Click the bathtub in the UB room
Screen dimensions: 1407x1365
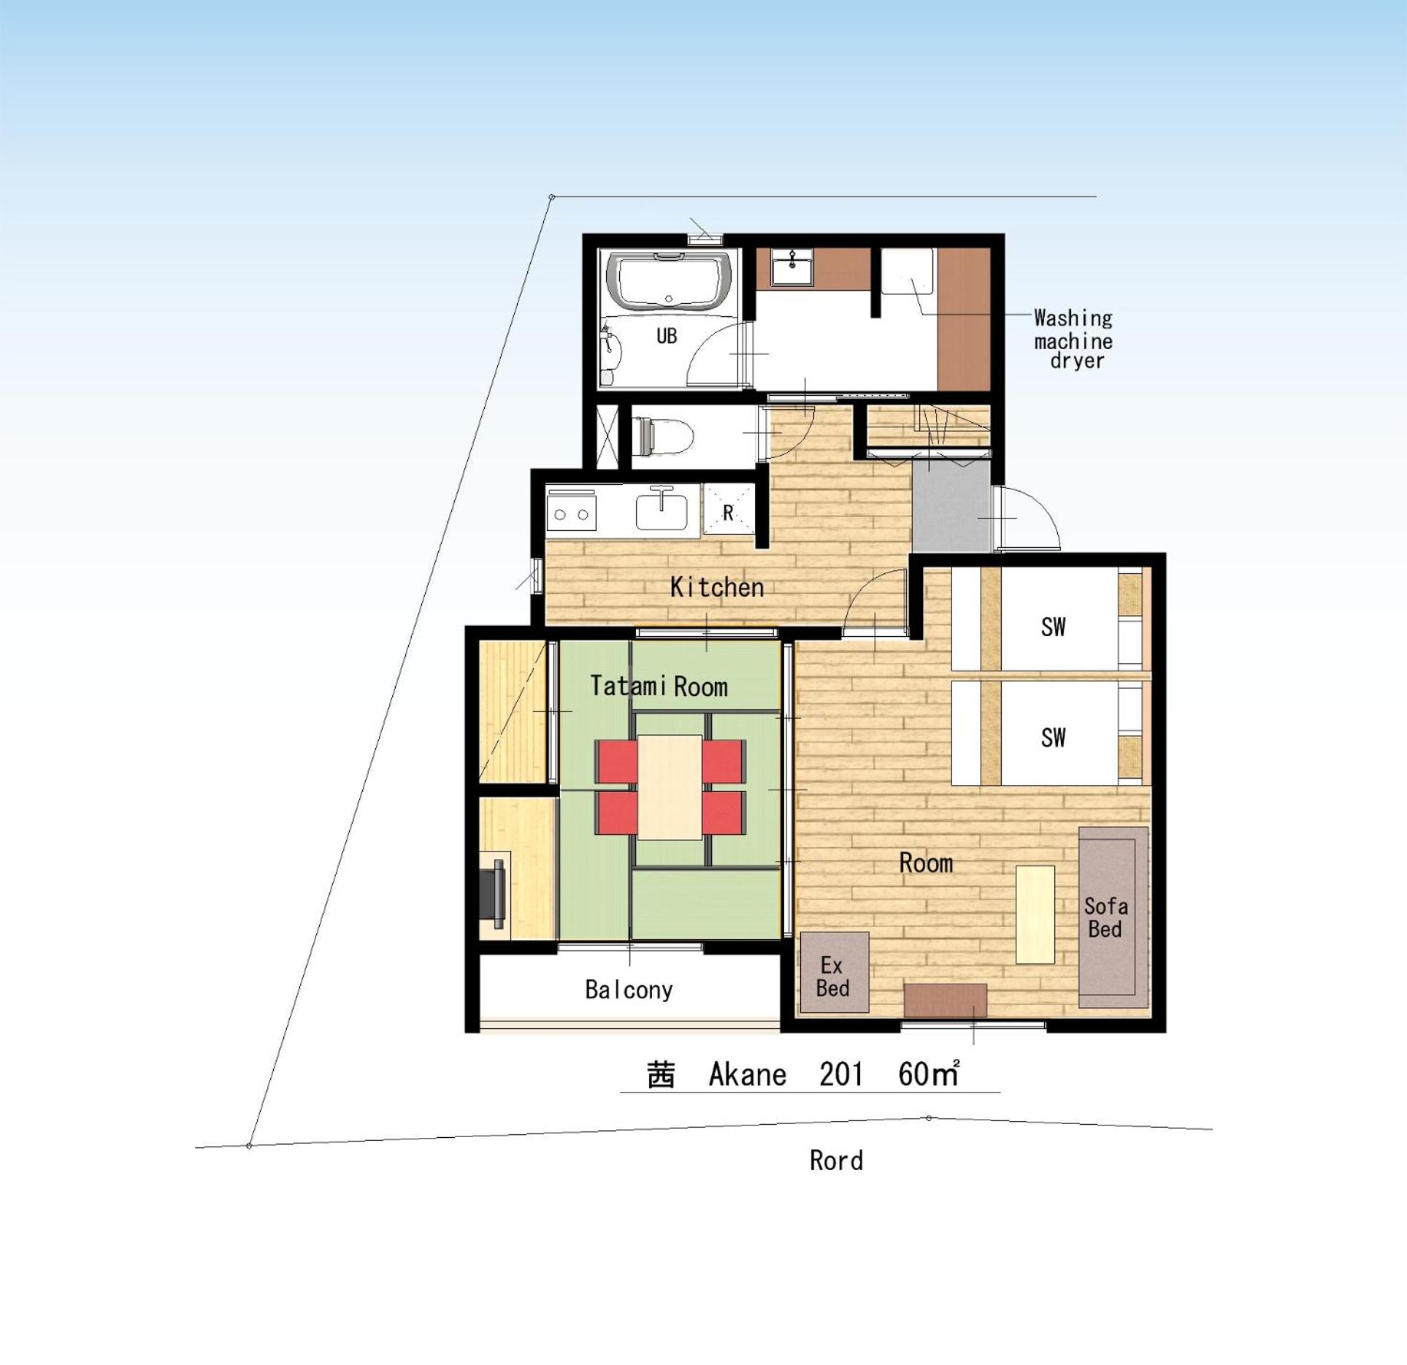pyautogui.click(x=668, y=282)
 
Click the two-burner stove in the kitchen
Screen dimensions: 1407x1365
pyautogui.click(x=572, y=514)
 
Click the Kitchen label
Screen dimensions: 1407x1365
pyautogui.click(x=716, y=587)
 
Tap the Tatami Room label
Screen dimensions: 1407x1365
pyautogui.click(x=659, y=686)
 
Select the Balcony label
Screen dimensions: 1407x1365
pyautogui.click(x=629, y=990)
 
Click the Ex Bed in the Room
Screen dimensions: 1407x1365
pyautogui.click(x=835, y=972)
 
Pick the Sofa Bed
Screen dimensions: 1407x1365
pyautogui.click(x=1113, y=917)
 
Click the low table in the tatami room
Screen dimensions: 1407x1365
pyautogui.click(x=670, y=787)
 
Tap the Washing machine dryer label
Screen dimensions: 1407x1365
pyautogui.click(x=1073, y=339)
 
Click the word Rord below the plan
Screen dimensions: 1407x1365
pyautogui.click(x=836, y=1161)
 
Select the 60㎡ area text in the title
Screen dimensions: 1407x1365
pyautogui.click(x=929, y=1074)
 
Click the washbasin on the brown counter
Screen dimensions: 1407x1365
pyautogui.click(x=792, y=267)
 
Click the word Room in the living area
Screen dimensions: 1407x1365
pyautogui.click(x=926, y=863)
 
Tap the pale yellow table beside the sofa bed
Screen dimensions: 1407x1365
pyautogui.click(x=1035, y=914)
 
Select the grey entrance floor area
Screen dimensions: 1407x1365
pyautogui.click(x=951, y=505)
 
